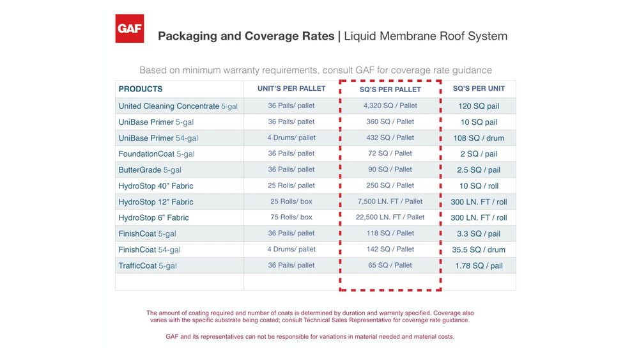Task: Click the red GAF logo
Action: point(129,29)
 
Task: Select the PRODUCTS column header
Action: point(141,89)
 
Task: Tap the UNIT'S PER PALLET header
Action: point(291,88)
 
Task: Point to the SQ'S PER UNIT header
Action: point(479,88)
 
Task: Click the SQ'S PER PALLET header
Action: point(390,90)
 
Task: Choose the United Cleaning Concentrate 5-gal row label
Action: point(178,106)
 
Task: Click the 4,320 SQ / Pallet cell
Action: point(390,106)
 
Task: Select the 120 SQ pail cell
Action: point(479,106)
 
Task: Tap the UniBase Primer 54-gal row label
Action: point(158,138)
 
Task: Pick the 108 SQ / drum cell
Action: point(479,138)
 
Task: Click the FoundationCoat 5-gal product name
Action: point(157,154)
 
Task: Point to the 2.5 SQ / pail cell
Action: point(479,170)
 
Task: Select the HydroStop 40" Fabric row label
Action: point(156,186)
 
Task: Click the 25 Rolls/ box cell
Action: point(291,201)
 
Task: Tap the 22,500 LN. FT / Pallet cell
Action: point(390,217)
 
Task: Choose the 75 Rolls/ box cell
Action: point(291,217)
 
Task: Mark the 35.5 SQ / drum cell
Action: point(479,250)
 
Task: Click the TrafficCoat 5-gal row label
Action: point(148,266)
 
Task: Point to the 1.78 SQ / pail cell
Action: point(479,266)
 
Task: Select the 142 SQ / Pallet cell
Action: point(390,249)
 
